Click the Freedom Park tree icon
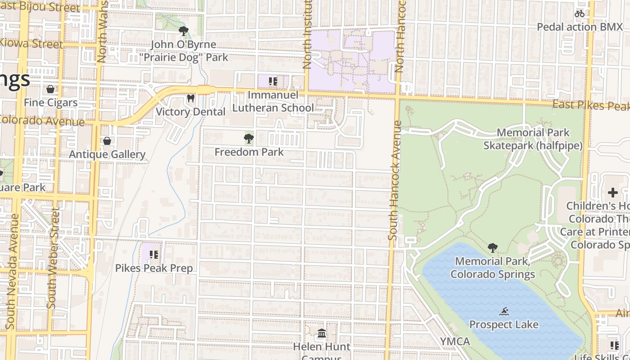(x=248, y=139)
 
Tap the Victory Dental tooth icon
(x=190, y=98)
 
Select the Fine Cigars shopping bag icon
(x=50, y=89)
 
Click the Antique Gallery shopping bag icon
(x=107, y=141)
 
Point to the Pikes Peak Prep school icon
(x=154, y=255)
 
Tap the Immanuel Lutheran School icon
(x=273, y=81)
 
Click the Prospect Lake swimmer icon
(x=504, y=311)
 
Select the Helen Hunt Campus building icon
(x=322, y=333)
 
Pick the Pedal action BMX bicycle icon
(x=579, y=13)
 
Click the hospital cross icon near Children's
(x=612, y=193)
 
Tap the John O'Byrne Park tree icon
(x=183, y=31)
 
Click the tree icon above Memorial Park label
(x=493, y=247)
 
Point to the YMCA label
(x=455, y=342)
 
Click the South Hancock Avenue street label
(x=393, y=180)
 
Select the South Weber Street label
(x=53, y=259)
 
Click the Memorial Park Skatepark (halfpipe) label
(x=533, y=139)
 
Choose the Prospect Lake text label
(x=504, y=324)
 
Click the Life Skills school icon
(x=615, y=346)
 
